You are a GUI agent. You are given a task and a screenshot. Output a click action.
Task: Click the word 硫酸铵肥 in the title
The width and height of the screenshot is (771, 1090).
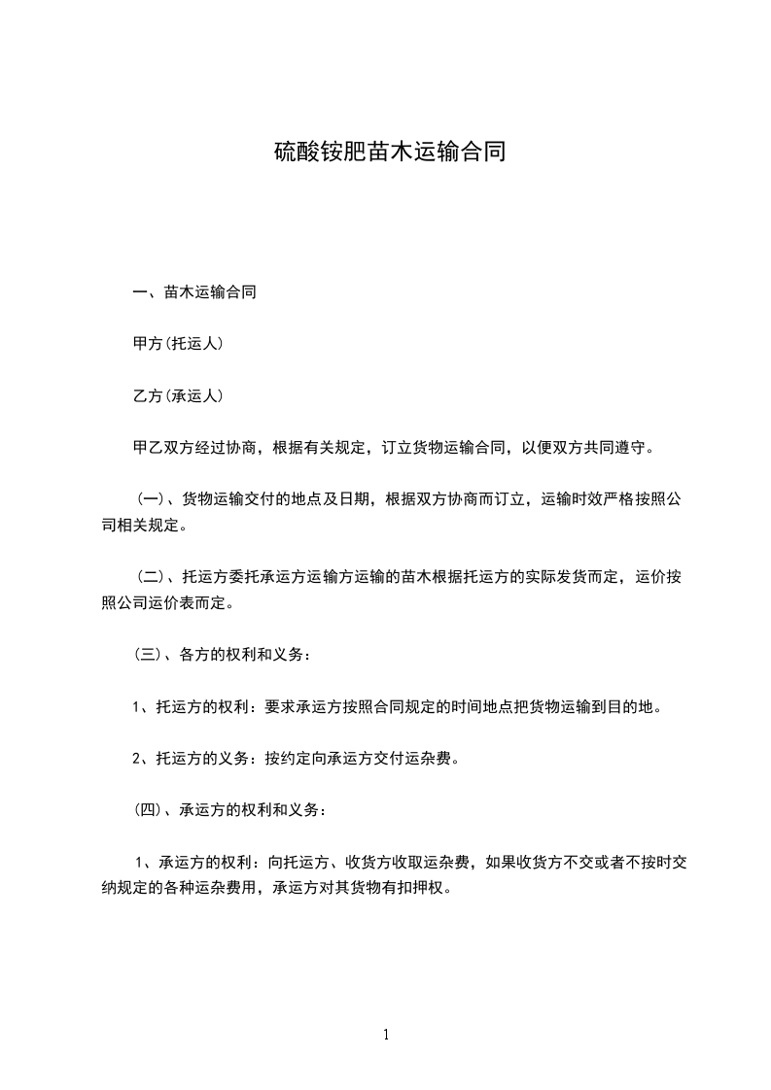320,153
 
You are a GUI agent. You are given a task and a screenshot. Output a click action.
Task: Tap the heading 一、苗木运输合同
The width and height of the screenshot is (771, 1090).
194,292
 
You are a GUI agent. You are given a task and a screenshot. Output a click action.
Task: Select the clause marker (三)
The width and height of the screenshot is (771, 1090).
150,656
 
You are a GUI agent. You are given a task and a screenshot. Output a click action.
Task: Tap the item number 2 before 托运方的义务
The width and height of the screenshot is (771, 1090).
137,759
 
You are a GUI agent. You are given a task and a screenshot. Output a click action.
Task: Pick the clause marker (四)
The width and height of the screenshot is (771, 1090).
150,810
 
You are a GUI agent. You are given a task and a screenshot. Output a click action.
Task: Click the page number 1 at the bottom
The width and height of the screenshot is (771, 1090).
386,1035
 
